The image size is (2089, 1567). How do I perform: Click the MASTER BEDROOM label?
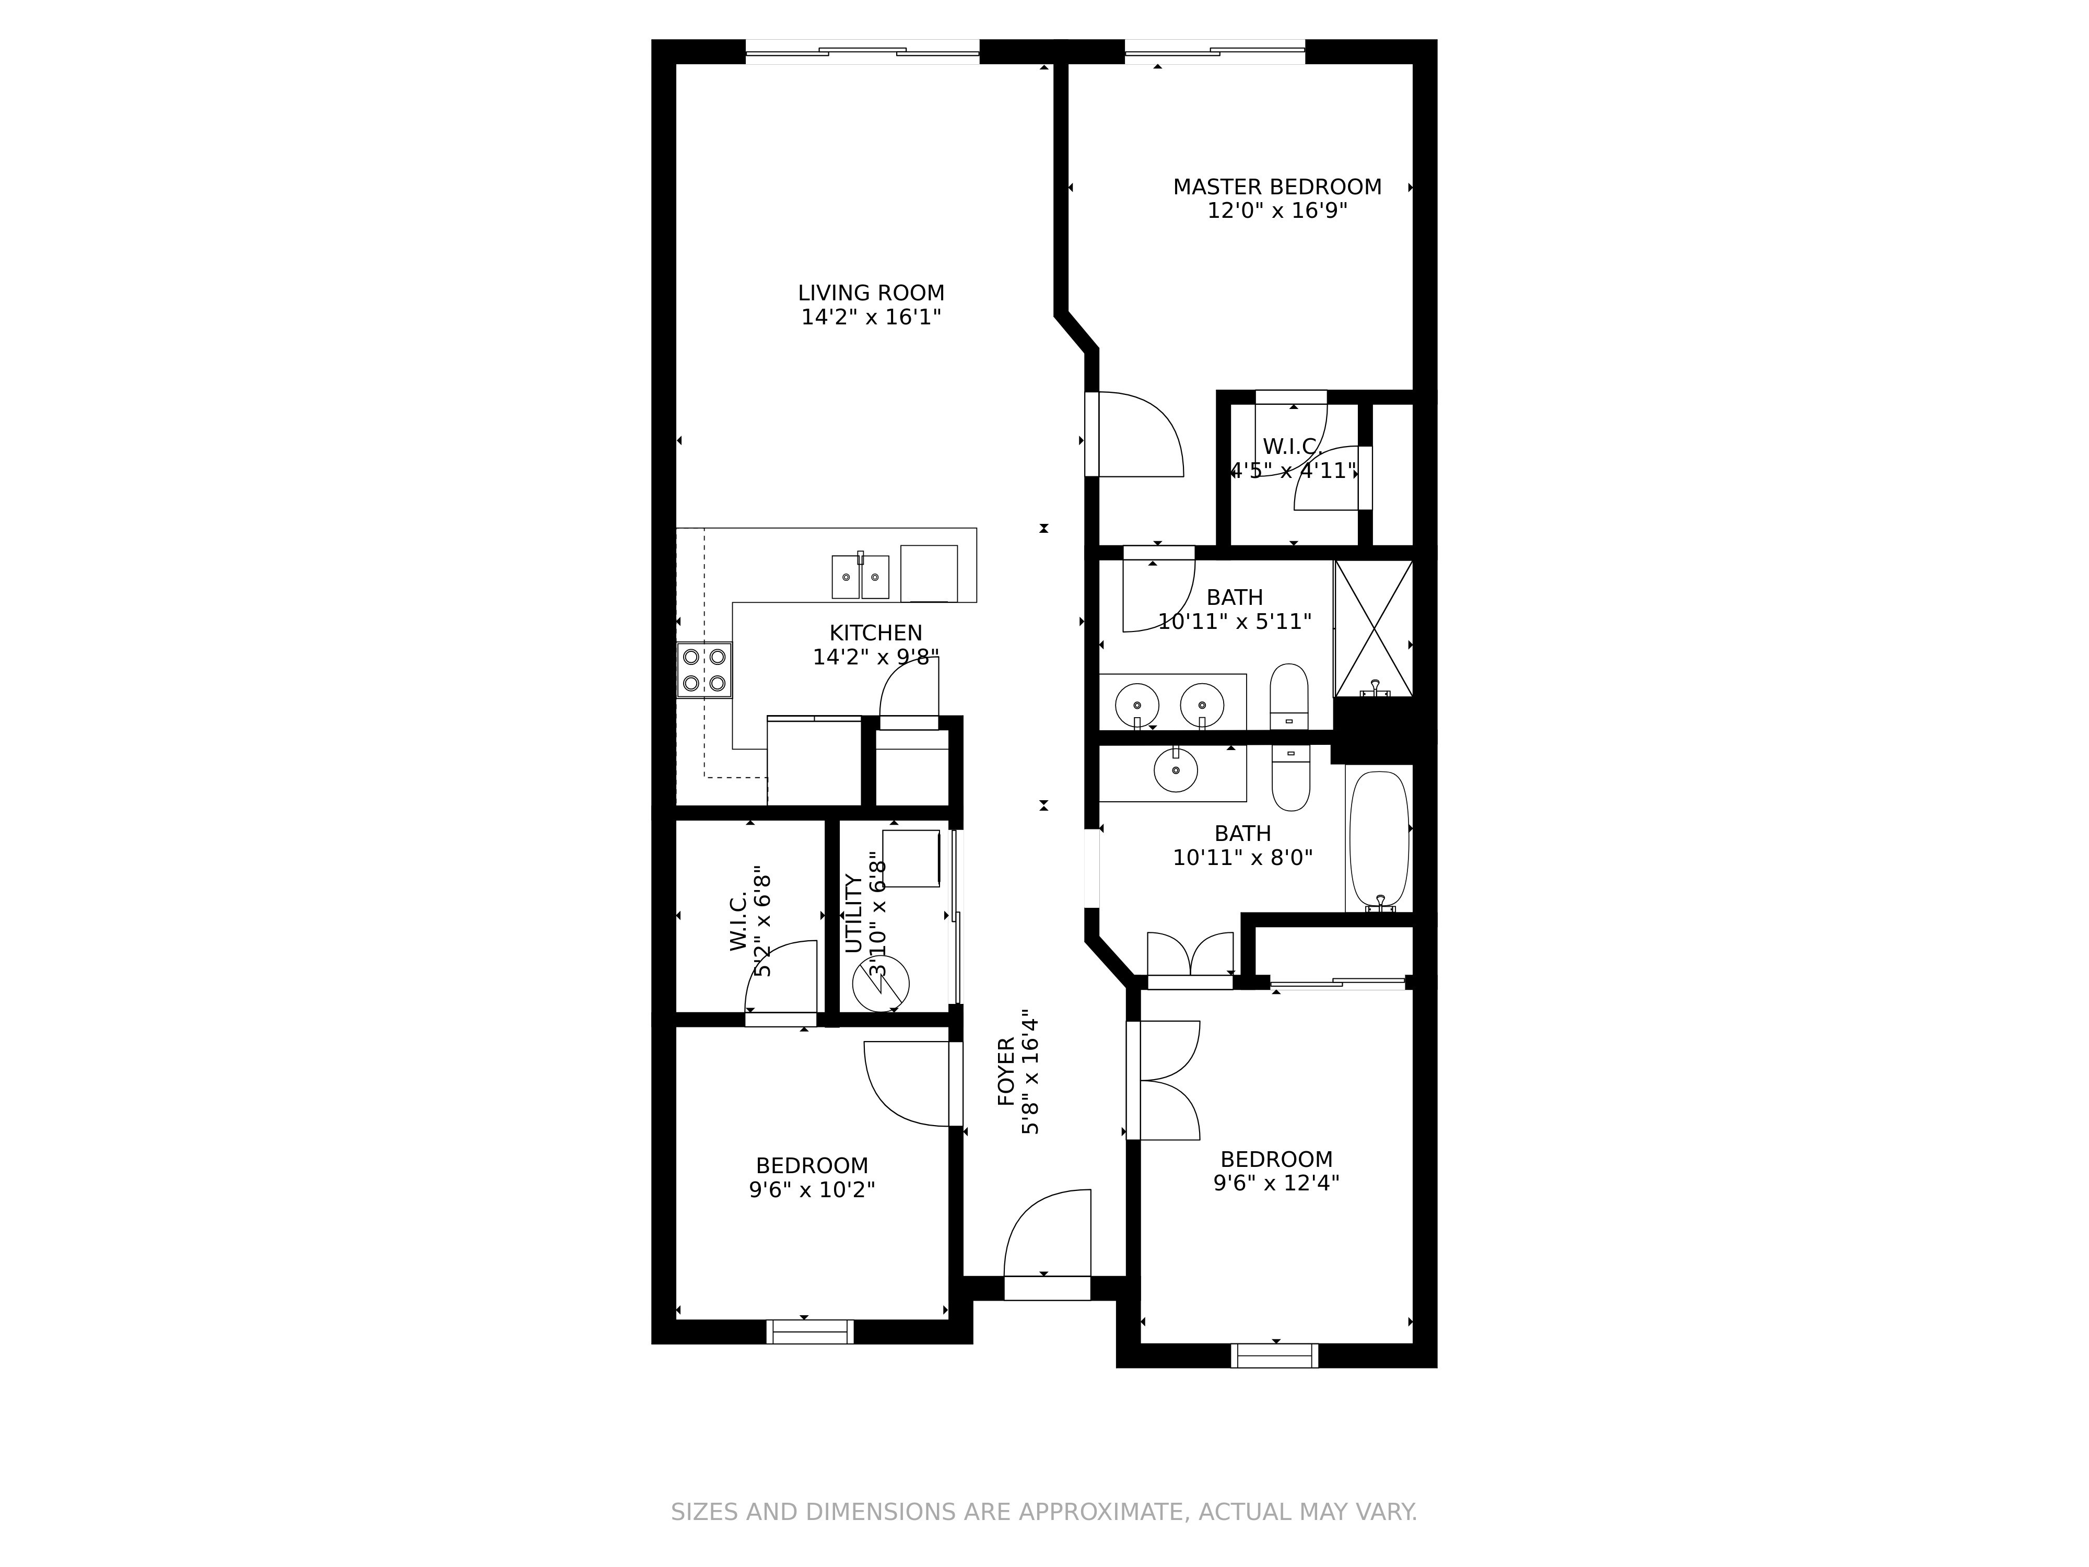[1277, 187]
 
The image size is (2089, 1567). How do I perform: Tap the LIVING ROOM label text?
[871, 294]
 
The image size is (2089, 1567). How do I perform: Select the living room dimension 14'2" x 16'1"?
[871, 318]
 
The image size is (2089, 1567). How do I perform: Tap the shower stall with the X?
[1373, 628]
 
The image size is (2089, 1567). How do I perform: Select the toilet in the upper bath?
[1289, 696]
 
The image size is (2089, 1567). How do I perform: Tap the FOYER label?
[1006, 1071]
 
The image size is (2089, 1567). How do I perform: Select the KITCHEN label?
[875, 633]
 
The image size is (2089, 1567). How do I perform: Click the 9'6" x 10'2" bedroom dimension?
[812, 1189]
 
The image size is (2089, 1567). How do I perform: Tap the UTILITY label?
[853, 914]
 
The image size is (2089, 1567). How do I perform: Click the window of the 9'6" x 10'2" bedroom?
[811, 1332]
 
